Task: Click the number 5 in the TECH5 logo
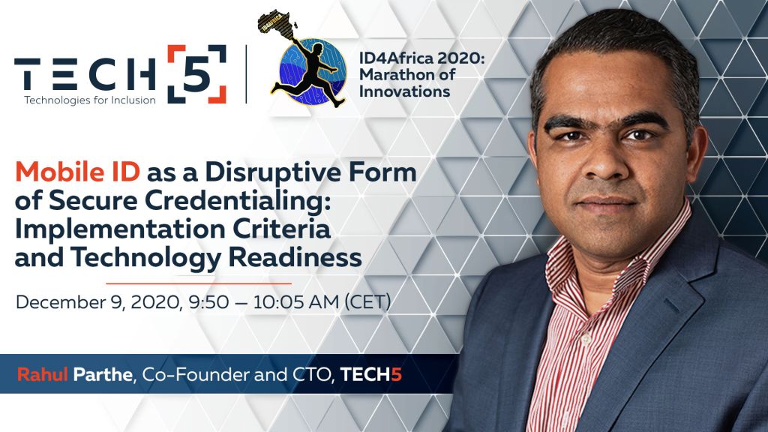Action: coord(197,74)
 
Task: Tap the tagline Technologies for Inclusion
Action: coord(90,100)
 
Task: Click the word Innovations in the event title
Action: coord(404,91)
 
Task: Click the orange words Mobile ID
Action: coord(77,172)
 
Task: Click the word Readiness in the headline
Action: coord(295,257)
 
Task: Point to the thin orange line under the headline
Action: coord(199,283)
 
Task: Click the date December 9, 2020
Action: coord(98,302)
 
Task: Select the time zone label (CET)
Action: coord(367,301)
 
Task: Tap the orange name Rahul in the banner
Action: coord(42,375)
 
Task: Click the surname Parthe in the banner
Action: coord(103,375)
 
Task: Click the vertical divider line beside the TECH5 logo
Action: coord(246,74)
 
